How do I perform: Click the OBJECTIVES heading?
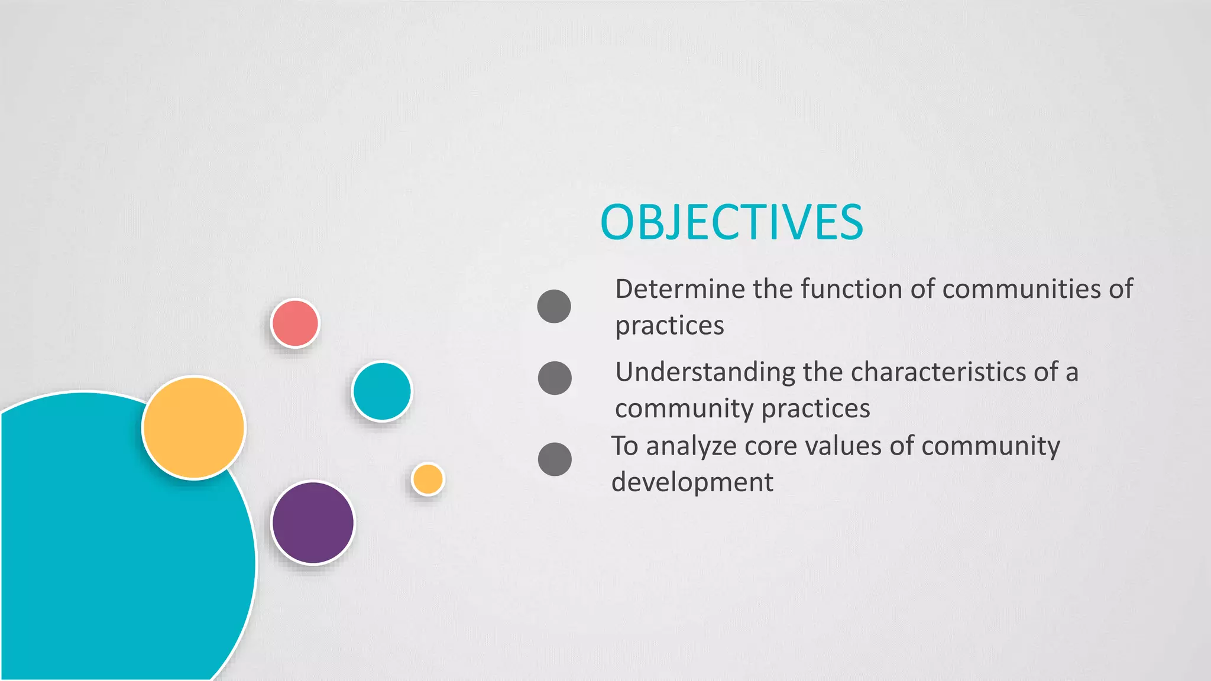pyautogui.click(x=731, y=222)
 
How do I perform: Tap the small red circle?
pyautogui.click(x=295, y=323)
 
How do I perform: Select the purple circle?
pyautogui.click(x=313, y=523)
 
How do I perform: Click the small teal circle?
pyautogui.click(x=381, y=391)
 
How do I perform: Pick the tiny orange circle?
pyautogui.click(x=428, y=479)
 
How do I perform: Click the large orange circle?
pyautogui.click(x=194, y=427)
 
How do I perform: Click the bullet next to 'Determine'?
pyautogui.click(x=554, y=306)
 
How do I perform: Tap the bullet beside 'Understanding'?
pyautogui.click(x=555, y=378)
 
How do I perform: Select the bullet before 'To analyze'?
pyautogui.click(x=555, y=459)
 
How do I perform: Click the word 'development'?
pyautogui.click(x=692, y=482)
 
